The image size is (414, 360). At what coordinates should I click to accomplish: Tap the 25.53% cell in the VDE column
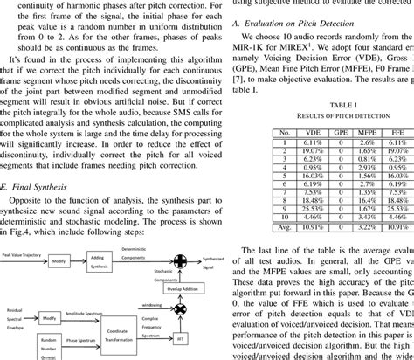(311, 209)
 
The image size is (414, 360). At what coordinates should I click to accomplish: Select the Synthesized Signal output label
(214, 260)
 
